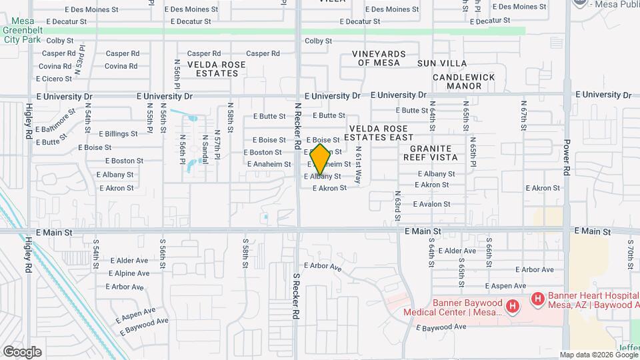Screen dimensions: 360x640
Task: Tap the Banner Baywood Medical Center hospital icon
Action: click(x=512, y=307)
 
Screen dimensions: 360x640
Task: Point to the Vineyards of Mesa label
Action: click(x=379, y=58)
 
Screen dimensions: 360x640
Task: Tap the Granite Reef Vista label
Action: click(x=430, y=153)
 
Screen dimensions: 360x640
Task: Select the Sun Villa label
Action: click(x=433, y=63)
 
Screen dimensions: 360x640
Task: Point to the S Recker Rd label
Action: click(x=297, y=295)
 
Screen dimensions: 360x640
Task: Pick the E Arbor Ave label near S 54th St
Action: click(x=124, y=287)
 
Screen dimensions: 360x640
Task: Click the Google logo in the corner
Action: click(x=22, y=351)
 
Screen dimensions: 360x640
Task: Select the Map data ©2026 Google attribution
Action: click(x=598, y=355)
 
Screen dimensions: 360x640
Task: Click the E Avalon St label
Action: click(x=432, y=204)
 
